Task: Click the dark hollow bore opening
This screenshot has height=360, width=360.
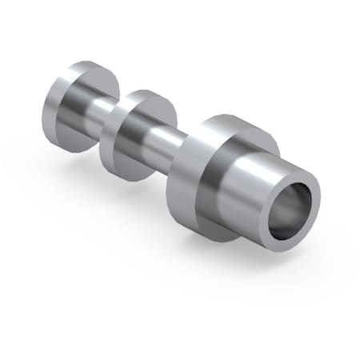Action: [290, 210]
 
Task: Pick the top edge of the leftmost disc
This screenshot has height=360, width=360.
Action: [84, 62]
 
